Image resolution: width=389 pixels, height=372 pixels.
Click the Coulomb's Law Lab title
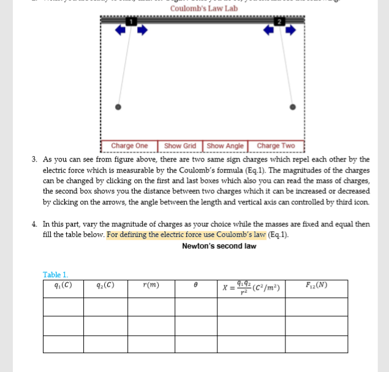coord(203,9)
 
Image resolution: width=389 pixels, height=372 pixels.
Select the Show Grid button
coord(180,146)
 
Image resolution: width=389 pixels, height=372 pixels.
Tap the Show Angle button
coord(225,146)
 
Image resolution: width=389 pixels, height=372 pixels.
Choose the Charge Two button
coord(275,146)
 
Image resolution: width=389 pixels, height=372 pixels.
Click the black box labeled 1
coord(130,22)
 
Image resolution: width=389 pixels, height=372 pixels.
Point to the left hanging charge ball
coord(118,106)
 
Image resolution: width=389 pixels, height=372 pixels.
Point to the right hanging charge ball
coord(293,106)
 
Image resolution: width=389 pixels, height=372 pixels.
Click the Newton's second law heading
coord(219,246)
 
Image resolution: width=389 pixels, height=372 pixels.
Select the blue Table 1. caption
coord(56,275)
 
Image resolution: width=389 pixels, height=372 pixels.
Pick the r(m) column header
coord(151,285)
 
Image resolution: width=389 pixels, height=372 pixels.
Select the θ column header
coord(195,286)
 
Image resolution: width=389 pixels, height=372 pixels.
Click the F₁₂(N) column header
coord(316,285)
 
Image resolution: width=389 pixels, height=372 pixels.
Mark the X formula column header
coord(251,287)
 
